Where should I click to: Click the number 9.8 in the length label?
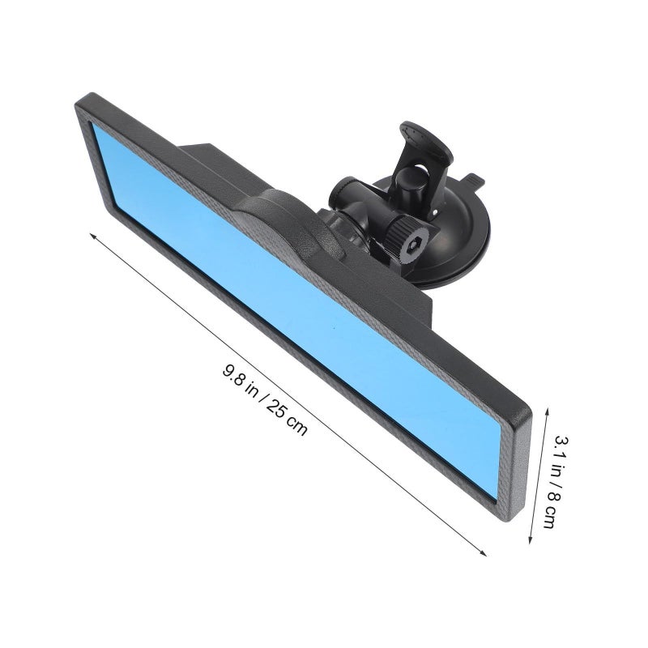[235, 376]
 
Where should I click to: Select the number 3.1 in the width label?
[561, 447]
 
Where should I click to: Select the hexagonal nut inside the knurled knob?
[412, 245]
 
